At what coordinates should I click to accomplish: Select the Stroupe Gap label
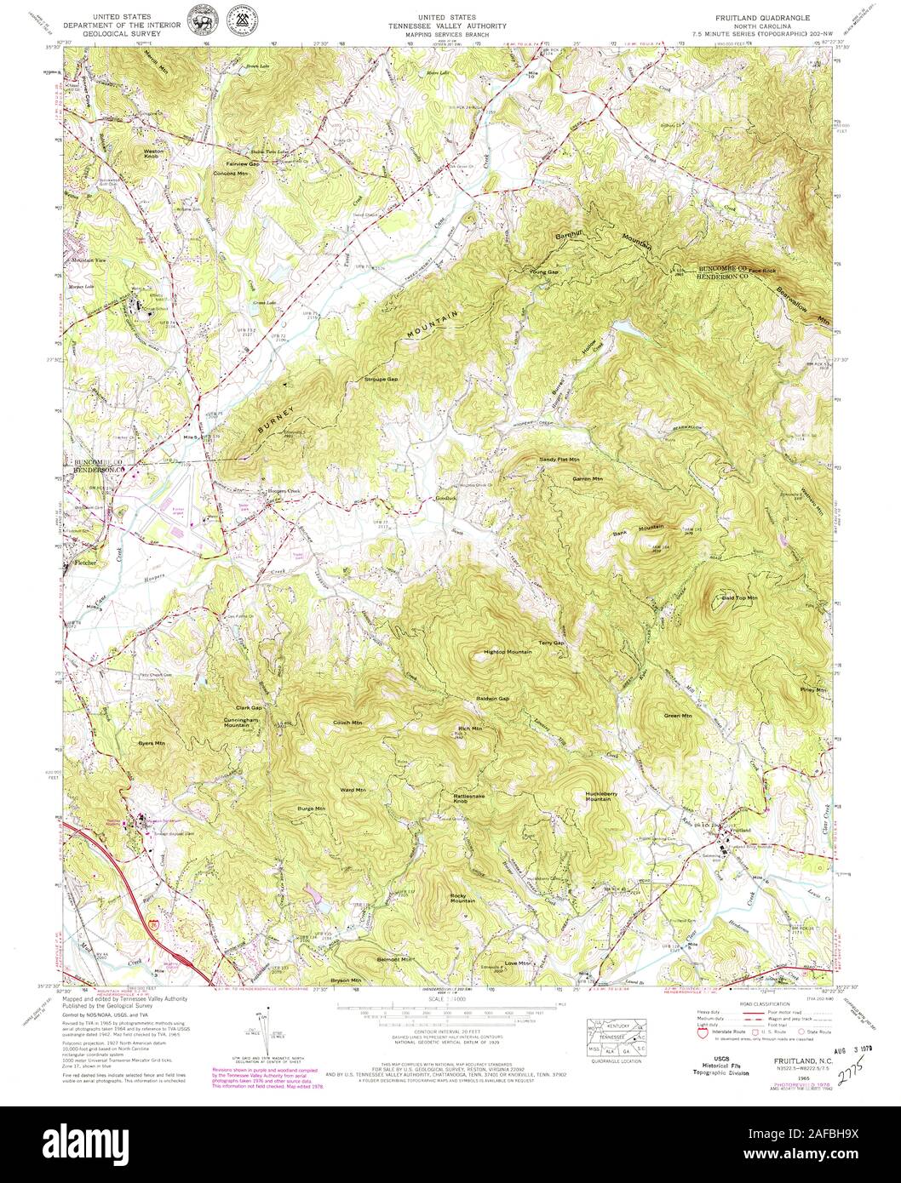click(x=381, y=379)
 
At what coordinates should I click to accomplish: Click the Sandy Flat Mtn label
click(x=560, y=460)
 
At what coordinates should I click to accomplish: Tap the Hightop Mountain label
click(x=508, y=652)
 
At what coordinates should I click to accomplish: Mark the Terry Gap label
click(x=552, y=643)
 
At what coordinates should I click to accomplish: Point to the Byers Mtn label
click(x=152, y=743)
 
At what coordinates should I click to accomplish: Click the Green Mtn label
click(x=678, y=716)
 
